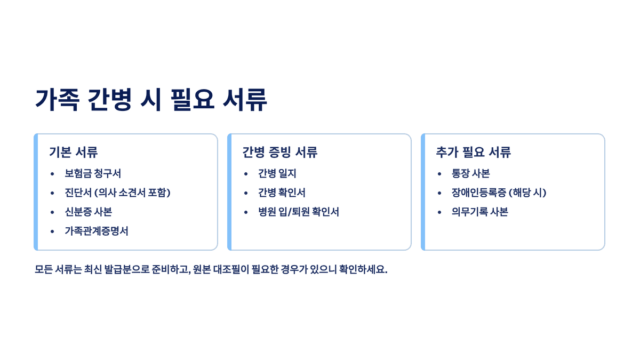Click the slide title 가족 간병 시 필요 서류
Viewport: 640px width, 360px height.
click(x=151, y=100)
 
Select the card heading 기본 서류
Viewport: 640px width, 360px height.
click(x=73, y=152)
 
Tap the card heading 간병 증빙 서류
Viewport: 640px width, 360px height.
click(x=280, y=152)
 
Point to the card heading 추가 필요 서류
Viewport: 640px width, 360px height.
click(x=474, y=152)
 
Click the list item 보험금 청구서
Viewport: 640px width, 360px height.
click(x=93, y=173)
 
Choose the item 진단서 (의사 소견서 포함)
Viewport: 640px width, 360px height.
click(x=117, y=193)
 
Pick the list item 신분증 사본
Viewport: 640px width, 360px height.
click(x=88, y=212)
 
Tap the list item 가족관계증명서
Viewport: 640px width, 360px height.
click(x=97, y=231)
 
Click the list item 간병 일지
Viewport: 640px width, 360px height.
click(x=277, y=173)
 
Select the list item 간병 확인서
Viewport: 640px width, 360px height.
click(x=282, y=193)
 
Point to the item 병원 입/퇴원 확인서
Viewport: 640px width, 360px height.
click(x=299, y=212)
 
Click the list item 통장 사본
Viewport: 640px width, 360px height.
click(x=470, y=173)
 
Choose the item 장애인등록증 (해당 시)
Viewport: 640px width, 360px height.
click(x=499, y=193)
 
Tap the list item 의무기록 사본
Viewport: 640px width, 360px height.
click(x=480, y=212)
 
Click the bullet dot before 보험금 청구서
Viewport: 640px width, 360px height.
click(x=52, y=174)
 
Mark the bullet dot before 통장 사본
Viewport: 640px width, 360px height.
click(x=439, y=174)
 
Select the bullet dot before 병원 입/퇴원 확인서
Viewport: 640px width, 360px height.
click(x=246, y=212)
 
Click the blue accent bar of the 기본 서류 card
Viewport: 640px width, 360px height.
click(x=36, y=192)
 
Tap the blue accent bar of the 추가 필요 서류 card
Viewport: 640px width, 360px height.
click(x=423, y=192)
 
